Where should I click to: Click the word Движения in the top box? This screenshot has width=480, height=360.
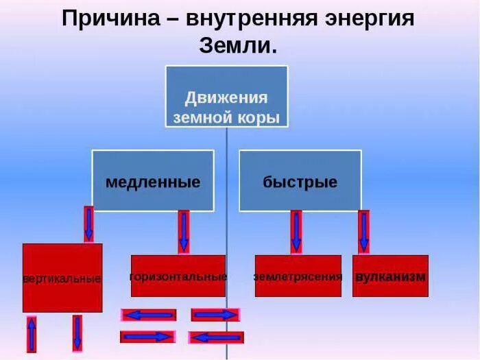[226, 97]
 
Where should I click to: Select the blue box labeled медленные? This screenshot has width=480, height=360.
[153, 181]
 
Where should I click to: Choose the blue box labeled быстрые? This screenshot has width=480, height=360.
[300, 181]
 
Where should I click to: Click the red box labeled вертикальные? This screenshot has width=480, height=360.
[62, 278]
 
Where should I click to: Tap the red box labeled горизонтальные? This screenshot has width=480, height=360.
[178, 276]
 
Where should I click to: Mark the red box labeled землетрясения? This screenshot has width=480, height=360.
[298, 276]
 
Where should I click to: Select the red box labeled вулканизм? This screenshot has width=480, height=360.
[390, 276]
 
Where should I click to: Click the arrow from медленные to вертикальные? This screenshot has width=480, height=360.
[88, 224]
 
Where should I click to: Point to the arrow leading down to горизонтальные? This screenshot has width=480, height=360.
[183, 232]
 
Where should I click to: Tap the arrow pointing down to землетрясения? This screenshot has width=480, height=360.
[296, 232]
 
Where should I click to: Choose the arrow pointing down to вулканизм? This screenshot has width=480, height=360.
[363, 232]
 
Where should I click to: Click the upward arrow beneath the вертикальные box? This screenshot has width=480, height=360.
[32, 334]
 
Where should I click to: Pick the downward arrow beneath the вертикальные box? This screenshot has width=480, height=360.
[77, 333]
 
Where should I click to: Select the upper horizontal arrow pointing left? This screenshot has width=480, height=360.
[149, 315]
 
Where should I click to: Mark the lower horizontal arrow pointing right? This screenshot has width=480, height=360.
[148, 337]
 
